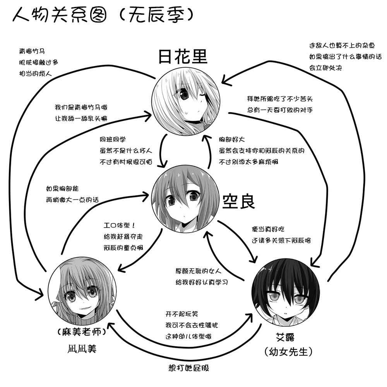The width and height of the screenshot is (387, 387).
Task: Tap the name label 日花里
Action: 183,57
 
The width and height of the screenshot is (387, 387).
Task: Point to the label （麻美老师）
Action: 80,332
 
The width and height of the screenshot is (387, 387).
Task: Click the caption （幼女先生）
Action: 288,352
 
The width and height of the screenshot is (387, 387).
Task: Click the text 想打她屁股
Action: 189,368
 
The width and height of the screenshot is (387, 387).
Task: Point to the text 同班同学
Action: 113,139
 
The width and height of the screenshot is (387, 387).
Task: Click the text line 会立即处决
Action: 325,68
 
